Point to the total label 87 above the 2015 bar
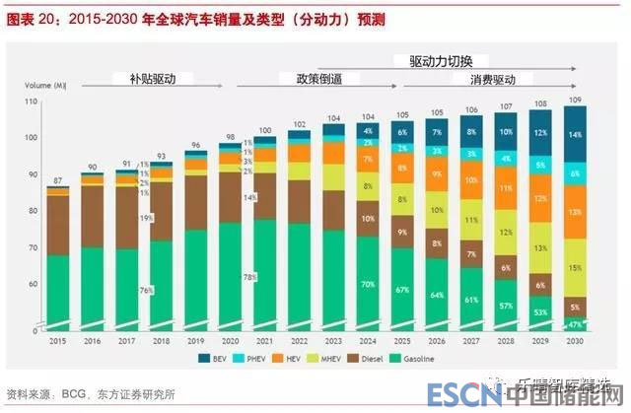click(x=59, y=181)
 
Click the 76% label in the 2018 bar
click(x=146, y=290)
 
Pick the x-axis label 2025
click(x=401, y=340)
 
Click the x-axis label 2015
click(x=59, y=340)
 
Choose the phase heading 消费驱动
click(x=493, y=78)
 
